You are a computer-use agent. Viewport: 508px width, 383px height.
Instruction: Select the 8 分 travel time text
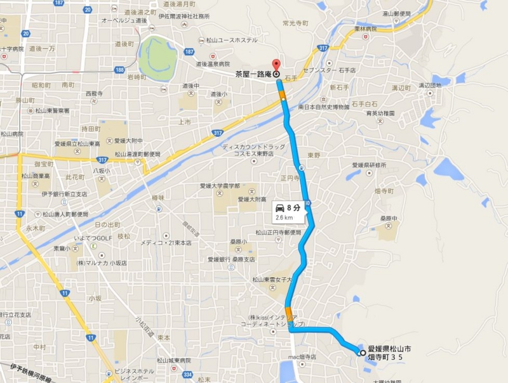pos(293,207)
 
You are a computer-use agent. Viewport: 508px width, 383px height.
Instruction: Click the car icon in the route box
pos(279,207)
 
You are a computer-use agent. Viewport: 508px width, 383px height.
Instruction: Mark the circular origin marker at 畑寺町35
pos(362,353)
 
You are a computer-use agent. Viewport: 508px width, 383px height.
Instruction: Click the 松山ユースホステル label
pos(231,41)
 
